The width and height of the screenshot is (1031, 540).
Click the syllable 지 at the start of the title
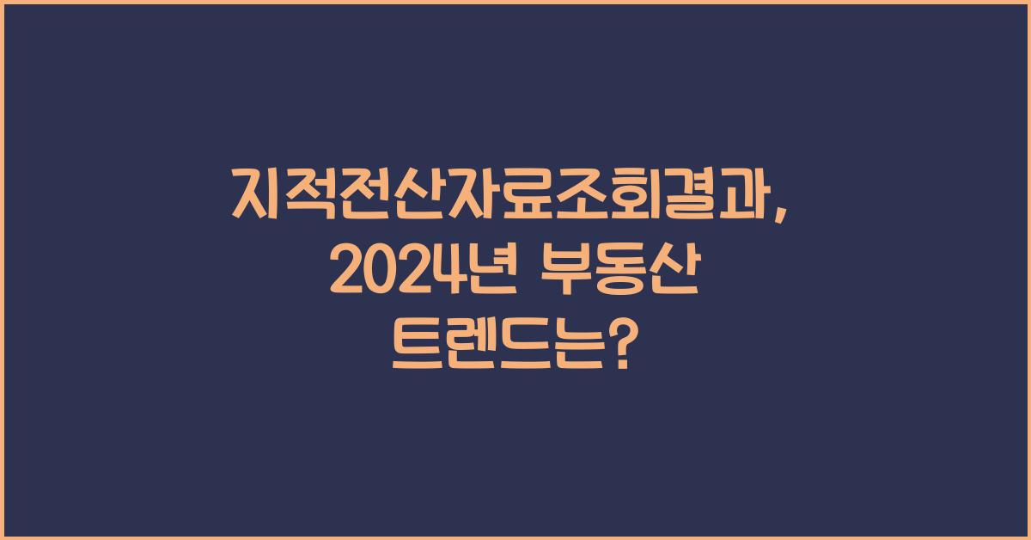[x=259, y=196]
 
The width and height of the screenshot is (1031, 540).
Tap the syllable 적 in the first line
[x=314, y=196]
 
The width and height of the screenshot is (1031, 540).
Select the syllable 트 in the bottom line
[x=418, y=351]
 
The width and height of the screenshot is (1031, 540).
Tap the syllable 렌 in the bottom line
[x=473, y=351]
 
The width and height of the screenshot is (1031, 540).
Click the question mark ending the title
[x=626, y=351]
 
